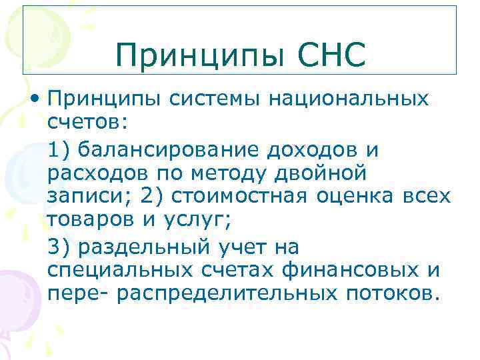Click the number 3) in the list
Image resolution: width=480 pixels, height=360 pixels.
click(x=59, y=246)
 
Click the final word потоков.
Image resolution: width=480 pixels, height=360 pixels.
click(x=393, y=294)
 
